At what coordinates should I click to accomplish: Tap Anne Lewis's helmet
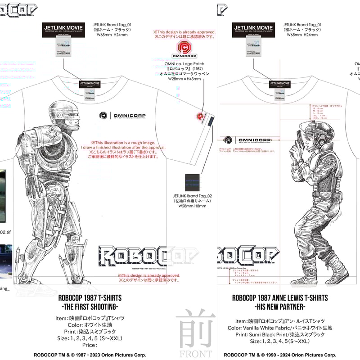(x=315, y=129)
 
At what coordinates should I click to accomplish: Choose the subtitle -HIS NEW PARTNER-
(x=279, y=307)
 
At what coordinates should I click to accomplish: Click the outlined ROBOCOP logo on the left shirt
(x=148, y=256)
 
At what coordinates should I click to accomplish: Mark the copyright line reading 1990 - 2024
(x=280, y=355)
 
